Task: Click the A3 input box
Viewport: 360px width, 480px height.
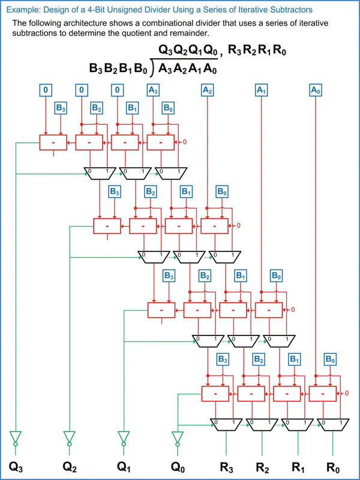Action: (154, 90)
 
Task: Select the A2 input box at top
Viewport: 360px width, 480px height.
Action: (208, 90)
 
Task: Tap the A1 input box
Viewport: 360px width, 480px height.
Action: (261, 90)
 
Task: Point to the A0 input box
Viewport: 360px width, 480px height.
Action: (316, 90)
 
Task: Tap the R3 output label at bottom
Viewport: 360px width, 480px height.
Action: (226, 466)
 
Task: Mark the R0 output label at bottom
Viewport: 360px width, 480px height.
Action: (334, 466)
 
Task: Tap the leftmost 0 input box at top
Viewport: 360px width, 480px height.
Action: (46, 90)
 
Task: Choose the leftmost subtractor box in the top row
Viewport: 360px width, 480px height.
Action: (53, 143)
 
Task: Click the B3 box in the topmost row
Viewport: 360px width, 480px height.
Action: (61, 108)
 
